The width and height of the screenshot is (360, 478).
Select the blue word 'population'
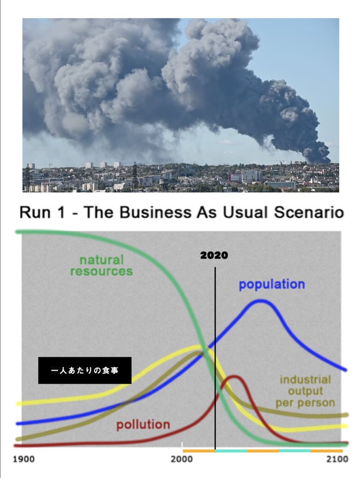271,284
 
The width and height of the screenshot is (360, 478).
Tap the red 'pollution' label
143,425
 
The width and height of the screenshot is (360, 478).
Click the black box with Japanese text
85,370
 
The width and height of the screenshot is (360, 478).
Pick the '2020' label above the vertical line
214,255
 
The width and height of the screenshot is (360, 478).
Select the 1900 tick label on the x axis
24,459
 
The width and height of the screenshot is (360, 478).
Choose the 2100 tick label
337,459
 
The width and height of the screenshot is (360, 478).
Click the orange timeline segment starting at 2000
199,451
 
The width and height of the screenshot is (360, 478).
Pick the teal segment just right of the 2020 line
231,451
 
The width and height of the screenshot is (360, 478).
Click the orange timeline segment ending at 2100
327,451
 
